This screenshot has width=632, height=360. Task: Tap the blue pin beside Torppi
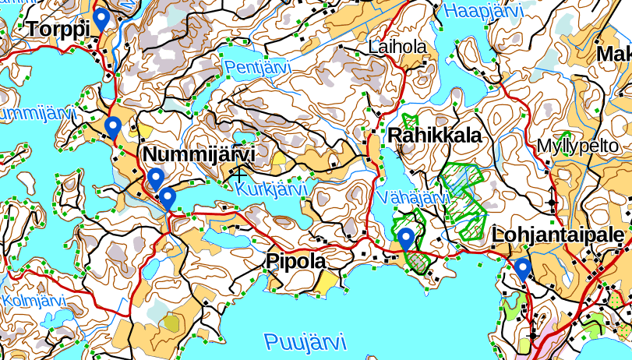(101, 19)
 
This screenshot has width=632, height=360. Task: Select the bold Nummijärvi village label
(199, 153)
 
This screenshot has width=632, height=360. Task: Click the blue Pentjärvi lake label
(257, 68)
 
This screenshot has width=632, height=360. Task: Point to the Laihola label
(398, 48)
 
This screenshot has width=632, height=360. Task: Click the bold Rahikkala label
(434, 136)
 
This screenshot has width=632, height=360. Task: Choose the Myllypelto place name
(577, 146)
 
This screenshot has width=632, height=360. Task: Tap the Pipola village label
(296, 261)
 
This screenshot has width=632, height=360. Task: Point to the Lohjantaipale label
(558, 235)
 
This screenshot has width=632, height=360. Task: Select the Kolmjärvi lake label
(32, 300)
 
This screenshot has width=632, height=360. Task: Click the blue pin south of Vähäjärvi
(406, 239)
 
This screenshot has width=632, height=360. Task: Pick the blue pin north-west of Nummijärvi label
(113, 126)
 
